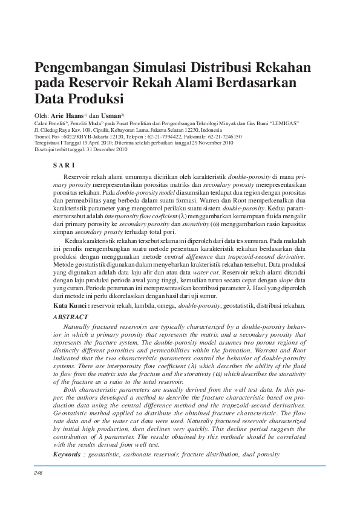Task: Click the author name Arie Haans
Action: point(67,115)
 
